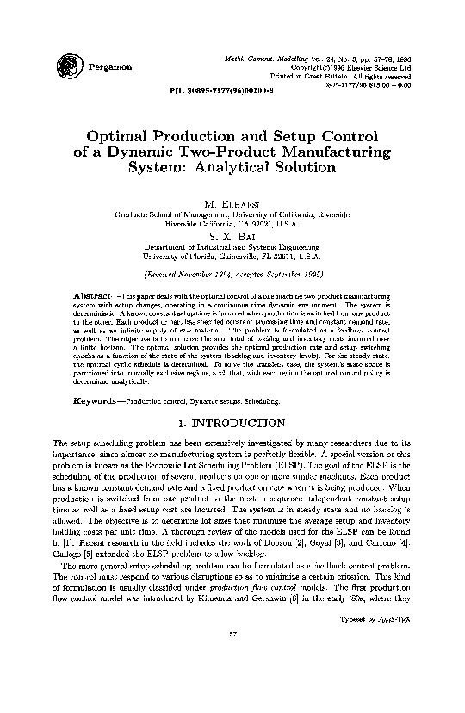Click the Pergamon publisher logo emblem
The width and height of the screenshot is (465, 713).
click(x=66, y=63)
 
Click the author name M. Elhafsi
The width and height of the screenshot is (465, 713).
click(x=232, y=202)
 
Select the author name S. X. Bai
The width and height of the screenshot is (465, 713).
click(x=232, y=233)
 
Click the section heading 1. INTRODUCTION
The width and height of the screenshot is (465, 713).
click(x=232, y=424)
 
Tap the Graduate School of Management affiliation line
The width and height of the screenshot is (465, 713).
click(x=232, y=212)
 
